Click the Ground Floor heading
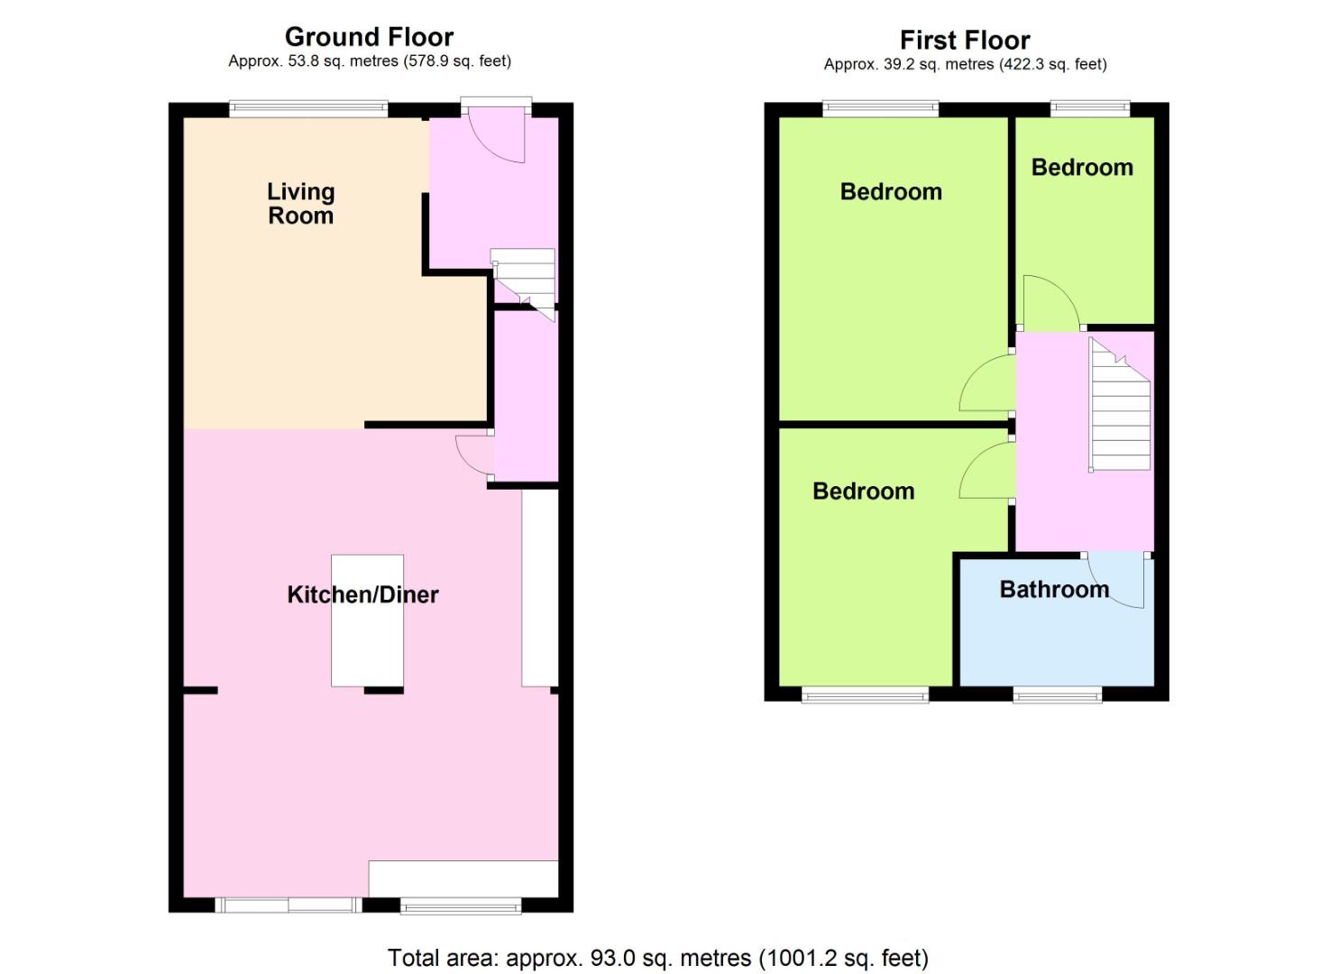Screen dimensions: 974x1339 click(x=369, y=37)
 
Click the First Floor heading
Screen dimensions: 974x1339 click(x=965, y=41)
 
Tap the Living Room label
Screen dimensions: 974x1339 click(x=301, y=204)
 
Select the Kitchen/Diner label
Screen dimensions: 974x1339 click(x=362, y=594)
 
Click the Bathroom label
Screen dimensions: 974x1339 click(x=1054, y=590)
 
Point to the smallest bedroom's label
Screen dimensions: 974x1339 click(x=1082, y=168)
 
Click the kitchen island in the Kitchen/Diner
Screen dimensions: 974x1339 click(x=367, y=620)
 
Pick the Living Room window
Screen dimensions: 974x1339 click(x=308, y=109)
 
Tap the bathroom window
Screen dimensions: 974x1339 click(x=1057, y=694)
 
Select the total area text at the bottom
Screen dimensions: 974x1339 click(x=657, y=957)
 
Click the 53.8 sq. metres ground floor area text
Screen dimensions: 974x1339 click(x=370, y=61)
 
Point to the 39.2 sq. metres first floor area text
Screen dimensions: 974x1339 click(x=965, y=64)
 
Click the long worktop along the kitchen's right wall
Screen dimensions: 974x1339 click(x=539, y=586)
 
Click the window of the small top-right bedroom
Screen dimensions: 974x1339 click(x=1089, y=109)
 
